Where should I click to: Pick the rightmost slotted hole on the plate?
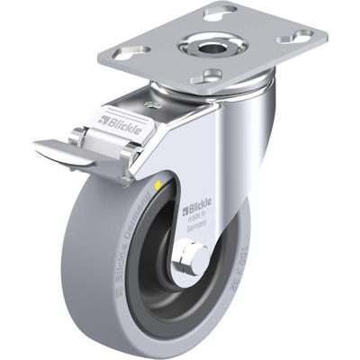pos(293,38)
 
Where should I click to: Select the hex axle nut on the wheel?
pos(191,262)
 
